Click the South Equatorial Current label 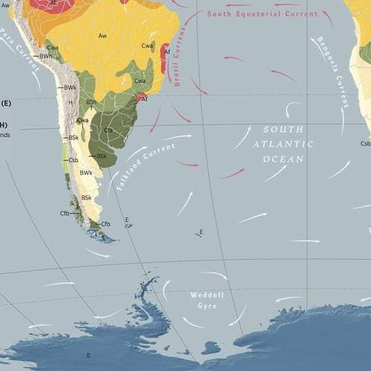pyautogui.click(x=262, y=14)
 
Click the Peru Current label pyautogui.click(x=20, y=50)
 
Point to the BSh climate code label pyautogui.click(x=91, y=102)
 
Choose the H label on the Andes pyautogui.click(x=70, y=102)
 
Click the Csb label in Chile pyautogui.click(x=73, y=160)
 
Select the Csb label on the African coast pyautogui.click(x=365, y=143)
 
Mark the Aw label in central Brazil pyautogui.click(x=102, y=36)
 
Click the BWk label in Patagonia pyautogui.click(x=86, y=173)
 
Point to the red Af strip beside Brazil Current pyautogui.click(x=165, y=54)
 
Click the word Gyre pyautogui.click(x=202, y=306)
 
